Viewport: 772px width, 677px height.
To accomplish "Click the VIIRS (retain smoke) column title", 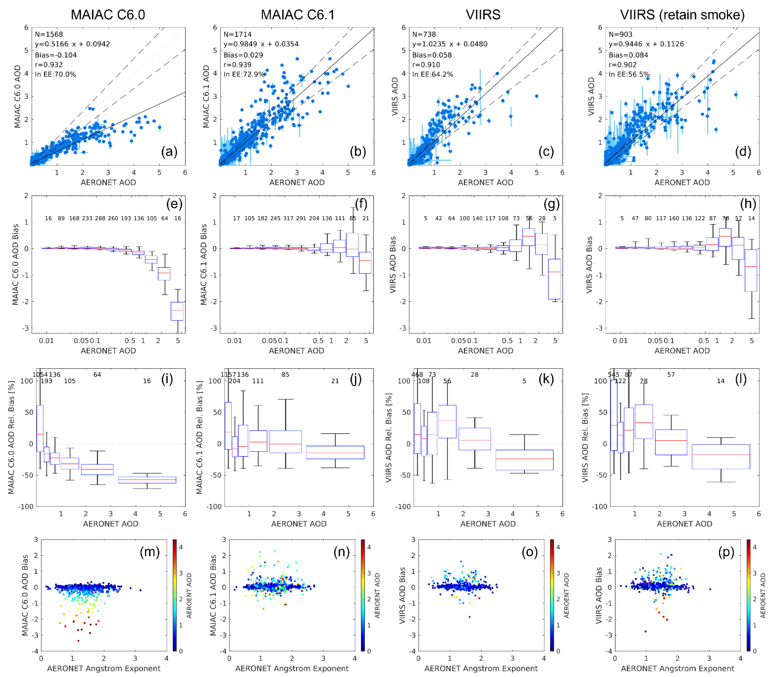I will coord(682,15).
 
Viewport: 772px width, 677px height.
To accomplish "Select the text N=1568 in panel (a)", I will coord(49,34).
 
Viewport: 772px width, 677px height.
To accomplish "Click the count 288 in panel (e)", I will coord(100,218).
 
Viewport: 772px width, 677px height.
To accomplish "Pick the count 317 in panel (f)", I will coord(288,218).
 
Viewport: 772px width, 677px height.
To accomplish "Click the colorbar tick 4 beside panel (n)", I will coord(369,547).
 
